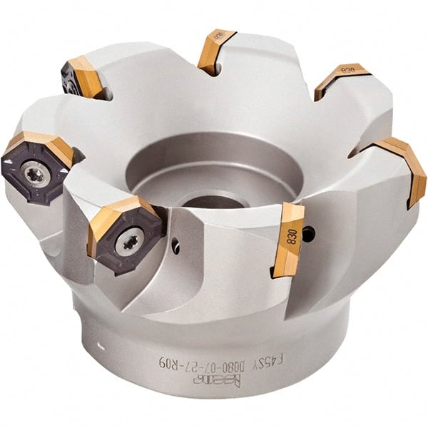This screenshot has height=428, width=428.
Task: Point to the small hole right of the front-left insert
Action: (175, 248)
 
